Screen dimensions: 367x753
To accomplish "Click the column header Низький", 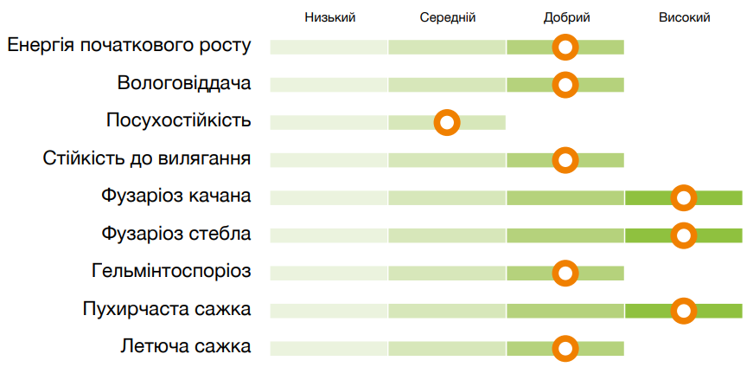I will [329, 17].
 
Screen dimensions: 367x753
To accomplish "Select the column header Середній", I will [448, 17].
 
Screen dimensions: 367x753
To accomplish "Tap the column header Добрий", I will [566, 17].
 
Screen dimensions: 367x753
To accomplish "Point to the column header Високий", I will [684, 17].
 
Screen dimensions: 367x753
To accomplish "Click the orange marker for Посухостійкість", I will [447, 123].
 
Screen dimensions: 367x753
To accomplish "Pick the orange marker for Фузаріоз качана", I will [684, 198].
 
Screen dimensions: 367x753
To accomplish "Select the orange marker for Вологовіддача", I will [565, 85].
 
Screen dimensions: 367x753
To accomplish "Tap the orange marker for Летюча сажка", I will [565, 349].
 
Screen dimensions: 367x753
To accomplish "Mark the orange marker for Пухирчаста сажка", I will [684, 311].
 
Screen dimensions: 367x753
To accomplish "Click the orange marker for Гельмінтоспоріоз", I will [565, 274].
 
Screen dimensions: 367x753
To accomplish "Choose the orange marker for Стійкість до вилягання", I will [565, 160].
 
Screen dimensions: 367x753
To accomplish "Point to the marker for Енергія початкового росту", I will [565, 47].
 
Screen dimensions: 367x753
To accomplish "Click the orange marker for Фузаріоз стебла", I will [684, 235].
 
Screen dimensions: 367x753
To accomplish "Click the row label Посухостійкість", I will [179, 120].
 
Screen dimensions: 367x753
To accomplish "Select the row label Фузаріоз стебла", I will [175, 234].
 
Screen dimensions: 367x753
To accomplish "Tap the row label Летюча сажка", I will [186, 347].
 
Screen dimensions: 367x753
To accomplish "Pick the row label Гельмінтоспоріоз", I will [170, 272].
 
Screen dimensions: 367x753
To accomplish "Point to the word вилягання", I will [207, 158].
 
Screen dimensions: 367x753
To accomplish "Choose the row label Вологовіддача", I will [184, 83].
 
